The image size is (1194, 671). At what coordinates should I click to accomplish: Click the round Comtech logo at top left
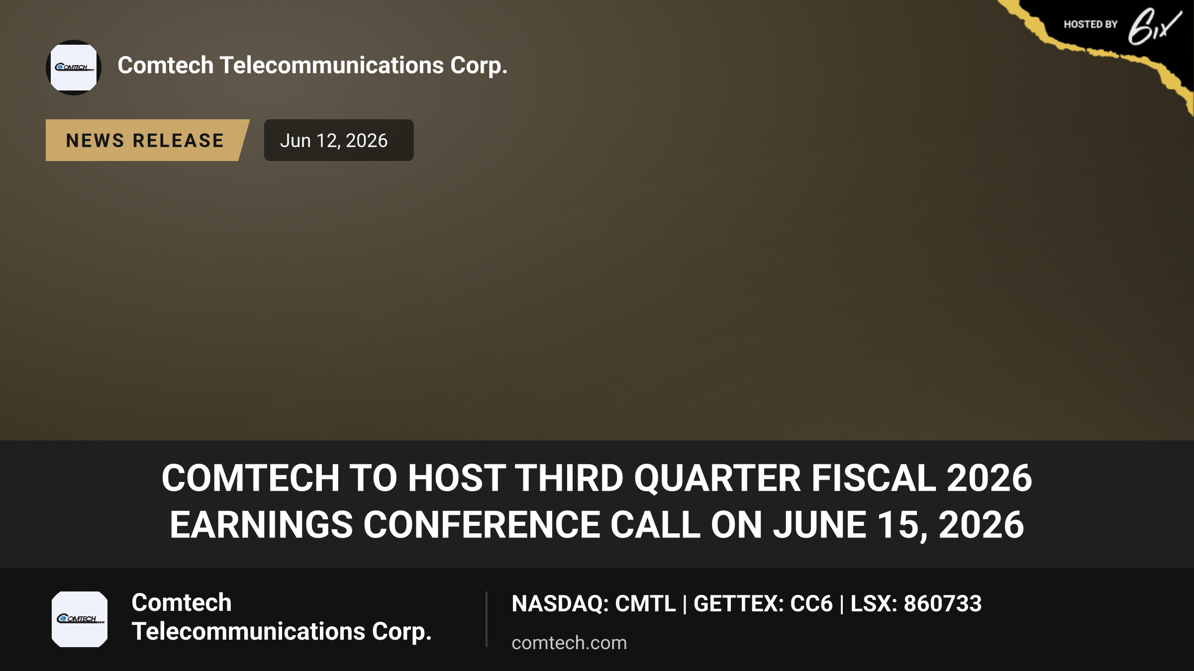[x=74, y=68]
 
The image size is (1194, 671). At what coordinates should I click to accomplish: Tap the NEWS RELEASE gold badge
[x=147, y=140]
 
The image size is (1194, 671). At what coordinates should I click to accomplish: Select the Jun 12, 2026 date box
[x=338, y=140]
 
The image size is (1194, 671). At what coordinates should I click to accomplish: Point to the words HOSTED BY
[x=1091, y=24]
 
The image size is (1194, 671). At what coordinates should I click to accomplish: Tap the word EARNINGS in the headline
[x=261, y=525]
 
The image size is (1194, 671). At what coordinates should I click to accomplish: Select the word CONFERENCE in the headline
[x=482, y=525]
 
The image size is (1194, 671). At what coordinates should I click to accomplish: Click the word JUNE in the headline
[x=819, y=525]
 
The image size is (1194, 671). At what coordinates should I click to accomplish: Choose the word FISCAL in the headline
[x=874, y=478]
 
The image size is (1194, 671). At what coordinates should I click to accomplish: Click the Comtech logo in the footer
[x=80, y=619]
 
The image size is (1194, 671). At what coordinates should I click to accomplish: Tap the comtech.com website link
[x=569, y=643]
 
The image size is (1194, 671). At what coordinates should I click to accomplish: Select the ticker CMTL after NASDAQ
[x=645, y=603]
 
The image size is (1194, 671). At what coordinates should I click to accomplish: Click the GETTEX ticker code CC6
[x=811, y=603]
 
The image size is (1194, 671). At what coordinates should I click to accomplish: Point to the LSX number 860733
[x=942, y=603]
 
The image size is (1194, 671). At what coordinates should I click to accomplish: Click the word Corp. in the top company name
[x=479, y=66]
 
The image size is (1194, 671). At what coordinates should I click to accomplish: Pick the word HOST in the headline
[x=457, y=478]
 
